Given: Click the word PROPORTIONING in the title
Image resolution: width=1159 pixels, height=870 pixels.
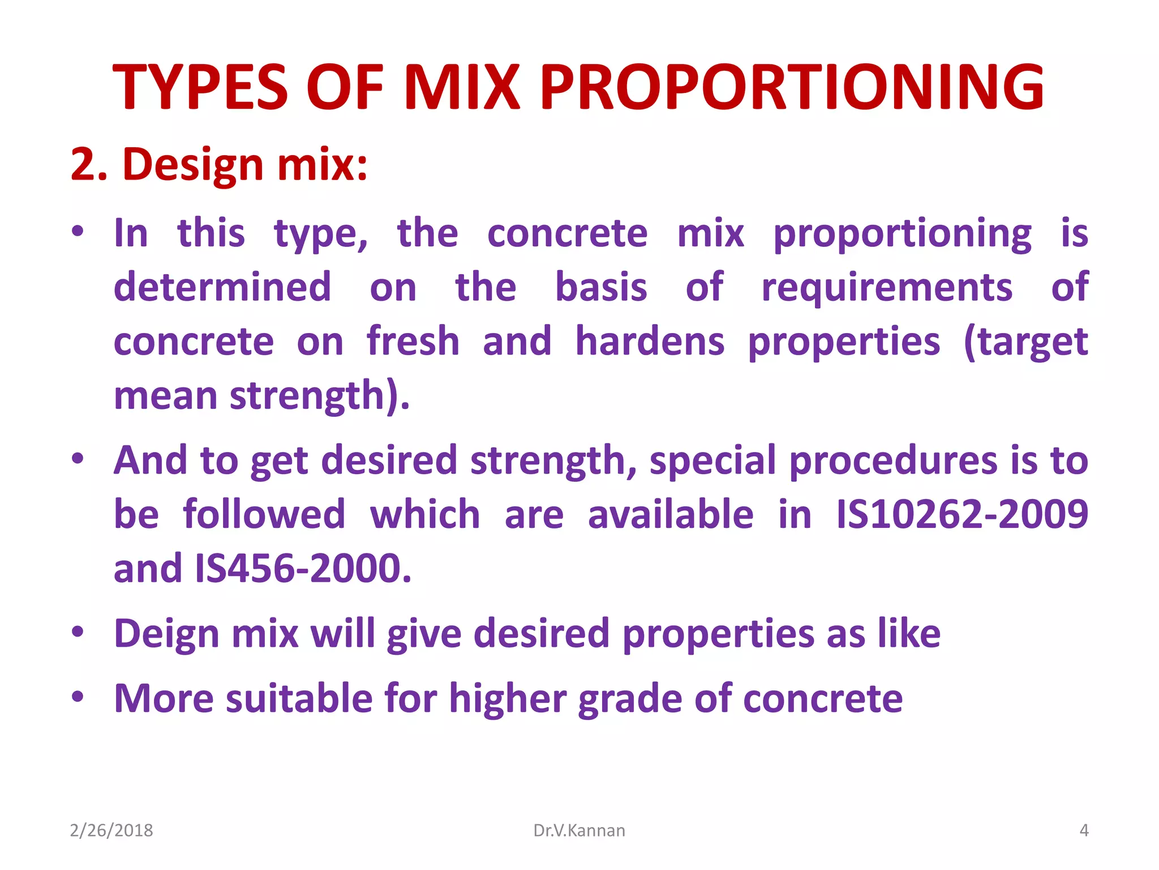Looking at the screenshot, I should pos(792,88).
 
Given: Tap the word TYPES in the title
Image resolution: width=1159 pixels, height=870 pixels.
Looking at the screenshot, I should pos(201,88).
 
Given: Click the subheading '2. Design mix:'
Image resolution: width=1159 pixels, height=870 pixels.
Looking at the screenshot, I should pos(219,165).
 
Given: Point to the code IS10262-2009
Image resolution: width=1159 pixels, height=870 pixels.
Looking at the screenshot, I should pos(961,514).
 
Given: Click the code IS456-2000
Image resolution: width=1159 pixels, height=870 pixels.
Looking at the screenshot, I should pos(302,568).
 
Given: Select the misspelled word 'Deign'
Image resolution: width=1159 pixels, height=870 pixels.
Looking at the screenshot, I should pos(166,633).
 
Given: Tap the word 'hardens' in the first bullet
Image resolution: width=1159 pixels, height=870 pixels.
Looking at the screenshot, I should pos(650,342).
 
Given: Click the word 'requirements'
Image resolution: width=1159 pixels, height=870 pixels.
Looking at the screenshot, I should pos(886,287).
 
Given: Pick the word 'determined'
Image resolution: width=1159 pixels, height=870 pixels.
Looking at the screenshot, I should pos(222,287).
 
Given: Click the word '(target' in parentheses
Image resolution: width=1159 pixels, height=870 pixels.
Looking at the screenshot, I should pos(1025,342).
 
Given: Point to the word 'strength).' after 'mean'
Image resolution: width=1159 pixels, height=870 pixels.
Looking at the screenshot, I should pos(319,395).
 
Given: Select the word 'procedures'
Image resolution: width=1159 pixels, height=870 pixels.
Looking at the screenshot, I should pos(893,460).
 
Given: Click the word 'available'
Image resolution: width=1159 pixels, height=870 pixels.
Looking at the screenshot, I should pos(671,514).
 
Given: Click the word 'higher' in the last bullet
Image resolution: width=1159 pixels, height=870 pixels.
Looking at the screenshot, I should pos(508,698).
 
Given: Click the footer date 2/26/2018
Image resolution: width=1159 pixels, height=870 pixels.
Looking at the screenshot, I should pos(111,830).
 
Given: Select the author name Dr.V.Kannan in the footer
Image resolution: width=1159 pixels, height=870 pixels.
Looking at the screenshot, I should pos(579,830).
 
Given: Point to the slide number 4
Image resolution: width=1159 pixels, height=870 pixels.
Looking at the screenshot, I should pos(1084,830).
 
